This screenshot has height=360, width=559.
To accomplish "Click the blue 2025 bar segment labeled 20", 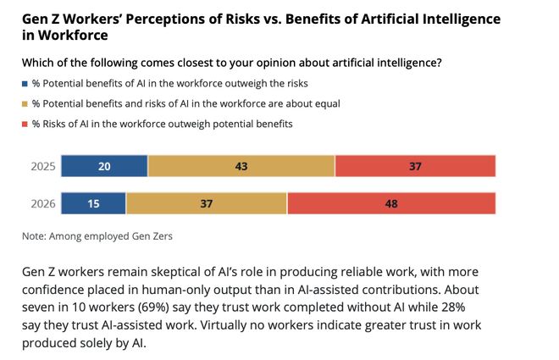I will [x=104, y=166].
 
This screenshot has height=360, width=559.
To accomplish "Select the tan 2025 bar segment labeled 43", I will [x=241, y=166].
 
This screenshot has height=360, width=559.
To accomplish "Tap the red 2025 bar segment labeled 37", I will [x=415, y=166].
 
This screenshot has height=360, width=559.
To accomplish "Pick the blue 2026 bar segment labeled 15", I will [x=93, y=203].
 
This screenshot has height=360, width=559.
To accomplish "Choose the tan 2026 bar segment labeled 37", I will [x=207, y=203].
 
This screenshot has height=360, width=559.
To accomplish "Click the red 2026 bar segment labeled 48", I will [x=391, y=203].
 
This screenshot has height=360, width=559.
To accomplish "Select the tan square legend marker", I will [x=24, y=103].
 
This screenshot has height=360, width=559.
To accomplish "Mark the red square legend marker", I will [x=24, y=124].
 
